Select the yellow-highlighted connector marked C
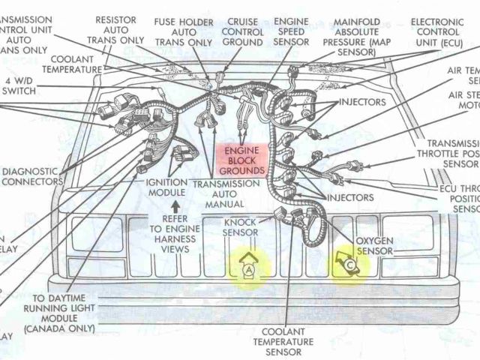tap(347, 265)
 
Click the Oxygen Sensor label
tap(373, 245)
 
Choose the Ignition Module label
tap(166, 187)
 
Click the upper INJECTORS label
tap(362, 101)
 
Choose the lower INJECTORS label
tap(349, 197)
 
